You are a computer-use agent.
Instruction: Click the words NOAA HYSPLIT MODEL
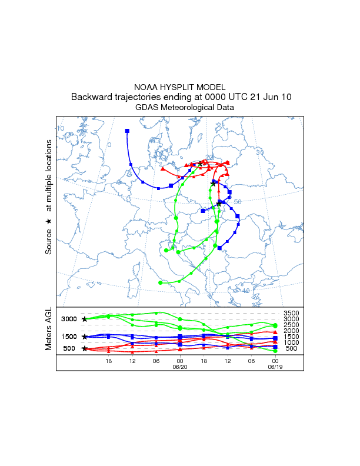(x=180, y=87)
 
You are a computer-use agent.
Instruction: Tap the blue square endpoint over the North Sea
(x=127, y=131)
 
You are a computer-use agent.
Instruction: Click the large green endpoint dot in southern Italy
(x=161, y=283)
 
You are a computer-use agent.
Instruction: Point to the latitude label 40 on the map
(x=246, y=291)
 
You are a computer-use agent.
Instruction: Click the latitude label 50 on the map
(x=238, y=202)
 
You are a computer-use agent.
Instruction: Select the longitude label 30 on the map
(x=259, y=152)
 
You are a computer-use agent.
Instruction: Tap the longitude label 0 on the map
(x=109, y=145)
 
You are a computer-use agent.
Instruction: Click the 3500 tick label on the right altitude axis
(x=291, y=314)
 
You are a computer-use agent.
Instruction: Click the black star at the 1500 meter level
(x=85, y=337)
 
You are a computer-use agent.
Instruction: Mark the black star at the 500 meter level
(x=85, y=348)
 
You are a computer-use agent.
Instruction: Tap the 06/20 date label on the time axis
(x=179, y=366)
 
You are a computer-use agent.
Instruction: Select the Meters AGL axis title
(x=49, y=330)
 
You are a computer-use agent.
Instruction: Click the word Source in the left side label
(x=49, y=242)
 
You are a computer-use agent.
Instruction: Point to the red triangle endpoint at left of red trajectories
(x=162, y=169)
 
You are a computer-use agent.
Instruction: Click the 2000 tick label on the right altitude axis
(x=291, y=331)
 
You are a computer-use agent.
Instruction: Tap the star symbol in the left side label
(x=49, y=221)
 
